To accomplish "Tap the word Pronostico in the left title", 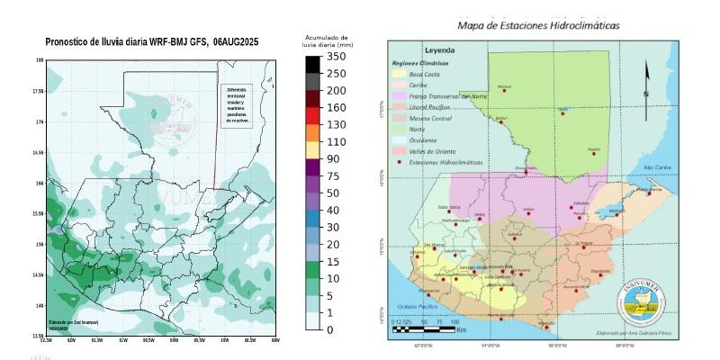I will [69, 41].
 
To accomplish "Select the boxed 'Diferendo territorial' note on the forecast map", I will [238, 105].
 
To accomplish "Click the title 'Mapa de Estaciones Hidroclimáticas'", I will [538, 25].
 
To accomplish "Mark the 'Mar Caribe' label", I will [657, 167].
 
